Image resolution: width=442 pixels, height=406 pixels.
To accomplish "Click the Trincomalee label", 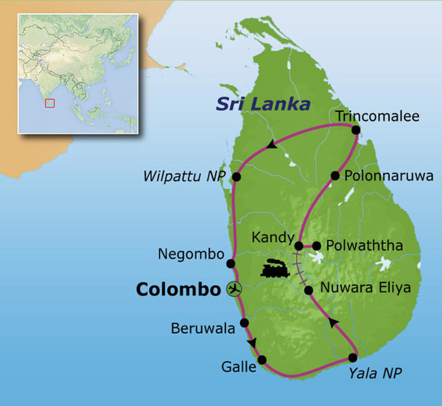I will tap(377, 116).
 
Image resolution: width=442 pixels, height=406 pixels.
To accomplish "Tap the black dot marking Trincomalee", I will tap(356, 129).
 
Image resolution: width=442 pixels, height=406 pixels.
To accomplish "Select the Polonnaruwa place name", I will tap(388, 176).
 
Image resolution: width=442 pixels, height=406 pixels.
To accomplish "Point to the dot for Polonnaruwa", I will tap(335, 176).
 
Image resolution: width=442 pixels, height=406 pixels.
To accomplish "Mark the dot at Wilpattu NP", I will tap(236, 176).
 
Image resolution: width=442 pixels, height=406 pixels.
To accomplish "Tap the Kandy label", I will tap(273, 237).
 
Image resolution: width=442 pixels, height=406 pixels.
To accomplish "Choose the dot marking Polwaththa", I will tap(316, 246).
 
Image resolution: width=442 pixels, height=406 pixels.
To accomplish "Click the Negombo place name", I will tap(191, 254).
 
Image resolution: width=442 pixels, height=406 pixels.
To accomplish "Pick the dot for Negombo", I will tap(230, 263).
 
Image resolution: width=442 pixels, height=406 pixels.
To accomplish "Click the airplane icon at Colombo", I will tap(234, 289).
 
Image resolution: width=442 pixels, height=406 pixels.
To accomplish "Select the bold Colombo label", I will tap(178, 290).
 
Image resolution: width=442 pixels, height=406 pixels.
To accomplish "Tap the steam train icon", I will tap(275, 268).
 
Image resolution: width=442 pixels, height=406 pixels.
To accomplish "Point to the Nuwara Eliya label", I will tap(365, 288).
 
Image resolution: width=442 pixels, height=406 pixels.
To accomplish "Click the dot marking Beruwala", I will tap(244, 323).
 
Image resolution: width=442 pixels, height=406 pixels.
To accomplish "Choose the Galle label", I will tap(239, 367).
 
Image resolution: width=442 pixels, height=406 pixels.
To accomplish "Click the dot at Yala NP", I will tap(353, 358).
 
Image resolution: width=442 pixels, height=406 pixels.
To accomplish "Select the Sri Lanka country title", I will tap(263, 104).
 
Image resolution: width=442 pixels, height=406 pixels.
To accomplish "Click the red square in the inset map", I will tap(50, 103).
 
